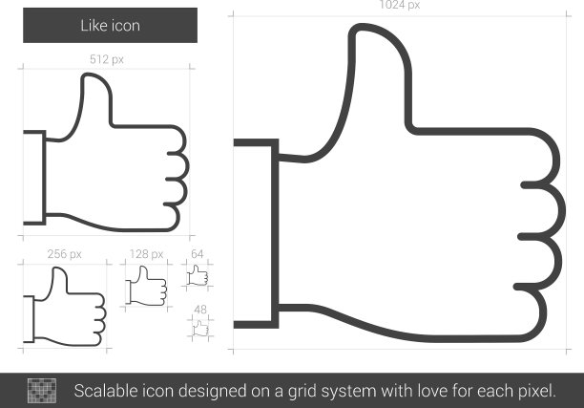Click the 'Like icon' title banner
click(111, 26)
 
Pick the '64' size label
click(197, 254)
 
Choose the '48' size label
click(200, 310)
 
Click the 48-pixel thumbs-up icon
click(200, 329)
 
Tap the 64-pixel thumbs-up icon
click(198, 275)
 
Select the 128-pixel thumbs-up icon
click(146, 286)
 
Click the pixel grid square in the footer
click(42, 391)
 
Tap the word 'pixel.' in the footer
click(536, 392)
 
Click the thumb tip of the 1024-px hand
click(362, 26)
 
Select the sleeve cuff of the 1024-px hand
click(257, 234)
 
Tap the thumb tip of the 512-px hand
click(88, 75)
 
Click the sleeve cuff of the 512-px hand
click(34, 178)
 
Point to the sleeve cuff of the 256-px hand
click(29, 319)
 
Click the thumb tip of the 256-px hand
click(57, 268)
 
